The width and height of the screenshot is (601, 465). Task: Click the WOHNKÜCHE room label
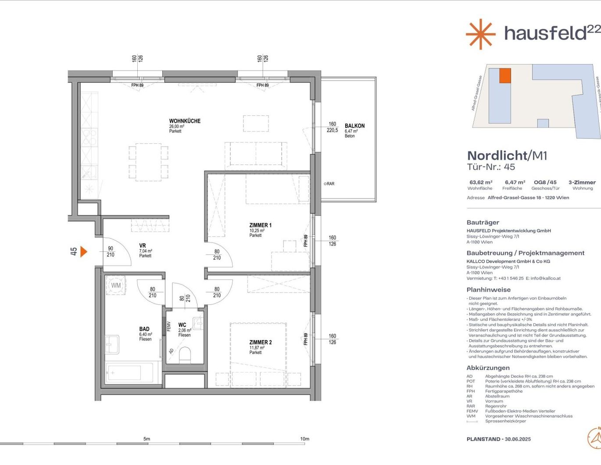click(x=185, y=121)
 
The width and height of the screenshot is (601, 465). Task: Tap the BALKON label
click(x=354, y=126)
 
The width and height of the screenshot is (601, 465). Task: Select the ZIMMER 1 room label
click(x=260, y=225)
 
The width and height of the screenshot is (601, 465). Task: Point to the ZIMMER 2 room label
click(x=260, y=342)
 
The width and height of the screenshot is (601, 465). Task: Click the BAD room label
click(x=144, y=329)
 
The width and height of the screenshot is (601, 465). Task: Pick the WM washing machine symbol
click(x=116, y=285)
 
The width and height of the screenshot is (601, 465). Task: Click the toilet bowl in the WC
click(x=185, y=355)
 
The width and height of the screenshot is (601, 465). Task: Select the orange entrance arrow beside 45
click(x=83, y=251)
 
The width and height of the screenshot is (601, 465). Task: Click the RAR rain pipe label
click(x=329, y=184)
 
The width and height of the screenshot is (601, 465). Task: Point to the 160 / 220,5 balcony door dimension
click(x=332, y=127)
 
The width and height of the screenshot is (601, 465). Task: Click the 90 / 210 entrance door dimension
click(x=110, y=252)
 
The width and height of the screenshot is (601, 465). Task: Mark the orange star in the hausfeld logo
click(x=480, y=34)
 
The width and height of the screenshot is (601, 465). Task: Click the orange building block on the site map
click(x=505, y=76)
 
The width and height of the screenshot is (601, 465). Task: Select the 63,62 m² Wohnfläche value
click(x=481, y=182)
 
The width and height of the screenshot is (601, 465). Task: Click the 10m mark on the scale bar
click(x=304, y=439)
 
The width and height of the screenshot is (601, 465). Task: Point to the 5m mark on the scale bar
click(x=147, y=439)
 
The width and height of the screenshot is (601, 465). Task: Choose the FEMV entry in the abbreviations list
click(x=472, y=411)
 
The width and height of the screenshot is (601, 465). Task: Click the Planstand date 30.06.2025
click(x=518, y=439)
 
